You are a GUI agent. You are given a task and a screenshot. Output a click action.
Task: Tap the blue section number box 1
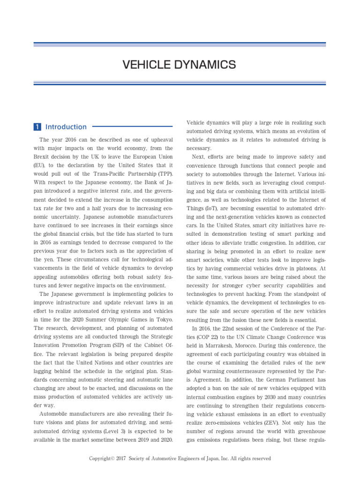point(37,127)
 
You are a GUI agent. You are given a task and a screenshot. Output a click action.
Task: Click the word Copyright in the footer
point(101,458)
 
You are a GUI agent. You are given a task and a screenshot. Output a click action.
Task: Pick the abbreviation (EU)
point(40,165)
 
